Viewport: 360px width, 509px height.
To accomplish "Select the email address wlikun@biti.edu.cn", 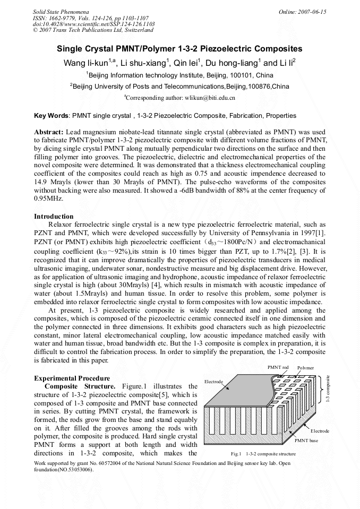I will pyautogui.click(x=210, y=98).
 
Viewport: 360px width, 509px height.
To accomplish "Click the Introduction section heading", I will pyautogui.click(x=54, y=217).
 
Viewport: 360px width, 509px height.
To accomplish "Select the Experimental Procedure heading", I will pyautogui.click(x=68, y=378).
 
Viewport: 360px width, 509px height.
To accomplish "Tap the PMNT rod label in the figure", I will pyautogui.click(x=278, y=367).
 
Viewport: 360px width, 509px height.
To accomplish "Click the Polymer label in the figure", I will pyautogui.click(x=305, y=367).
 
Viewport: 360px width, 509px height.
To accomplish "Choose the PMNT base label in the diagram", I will pyautogui.click(x=306, y=441).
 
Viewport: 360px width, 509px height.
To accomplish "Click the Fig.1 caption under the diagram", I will pyautogui.click(x=263, y=454).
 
